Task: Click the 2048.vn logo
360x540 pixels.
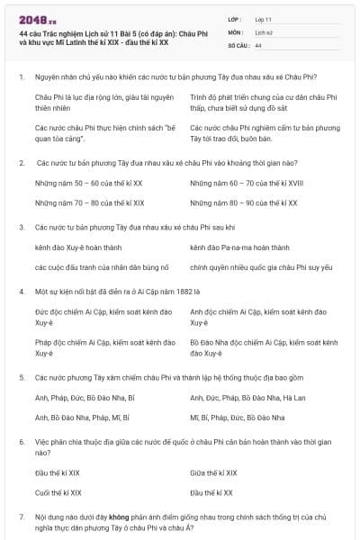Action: click(36, 18)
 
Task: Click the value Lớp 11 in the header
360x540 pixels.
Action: click(265, 18)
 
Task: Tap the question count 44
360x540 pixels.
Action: click(258, 44)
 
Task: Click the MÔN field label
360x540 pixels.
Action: click(236, 31)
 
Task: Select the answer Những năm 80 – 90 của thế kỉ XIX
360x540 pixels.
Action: click(245, 203)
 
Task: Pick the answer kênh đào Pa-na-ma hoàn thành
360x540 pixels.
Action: click(239, 247)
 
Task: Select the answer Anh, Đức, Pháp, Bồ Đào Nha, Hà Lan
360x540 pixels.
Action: click(247, 397)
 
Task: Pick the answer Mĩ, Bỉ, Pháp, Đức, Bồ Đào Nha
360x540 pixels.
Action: click(238, 418)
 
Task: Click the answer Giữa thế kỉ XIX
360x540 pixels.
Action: click(214, 472)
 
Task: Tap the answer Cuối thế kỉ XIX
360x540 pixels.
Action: click(58, 492)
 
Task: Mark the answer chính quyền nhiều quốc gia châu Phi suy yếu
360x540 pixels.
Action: click(261, 267)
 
